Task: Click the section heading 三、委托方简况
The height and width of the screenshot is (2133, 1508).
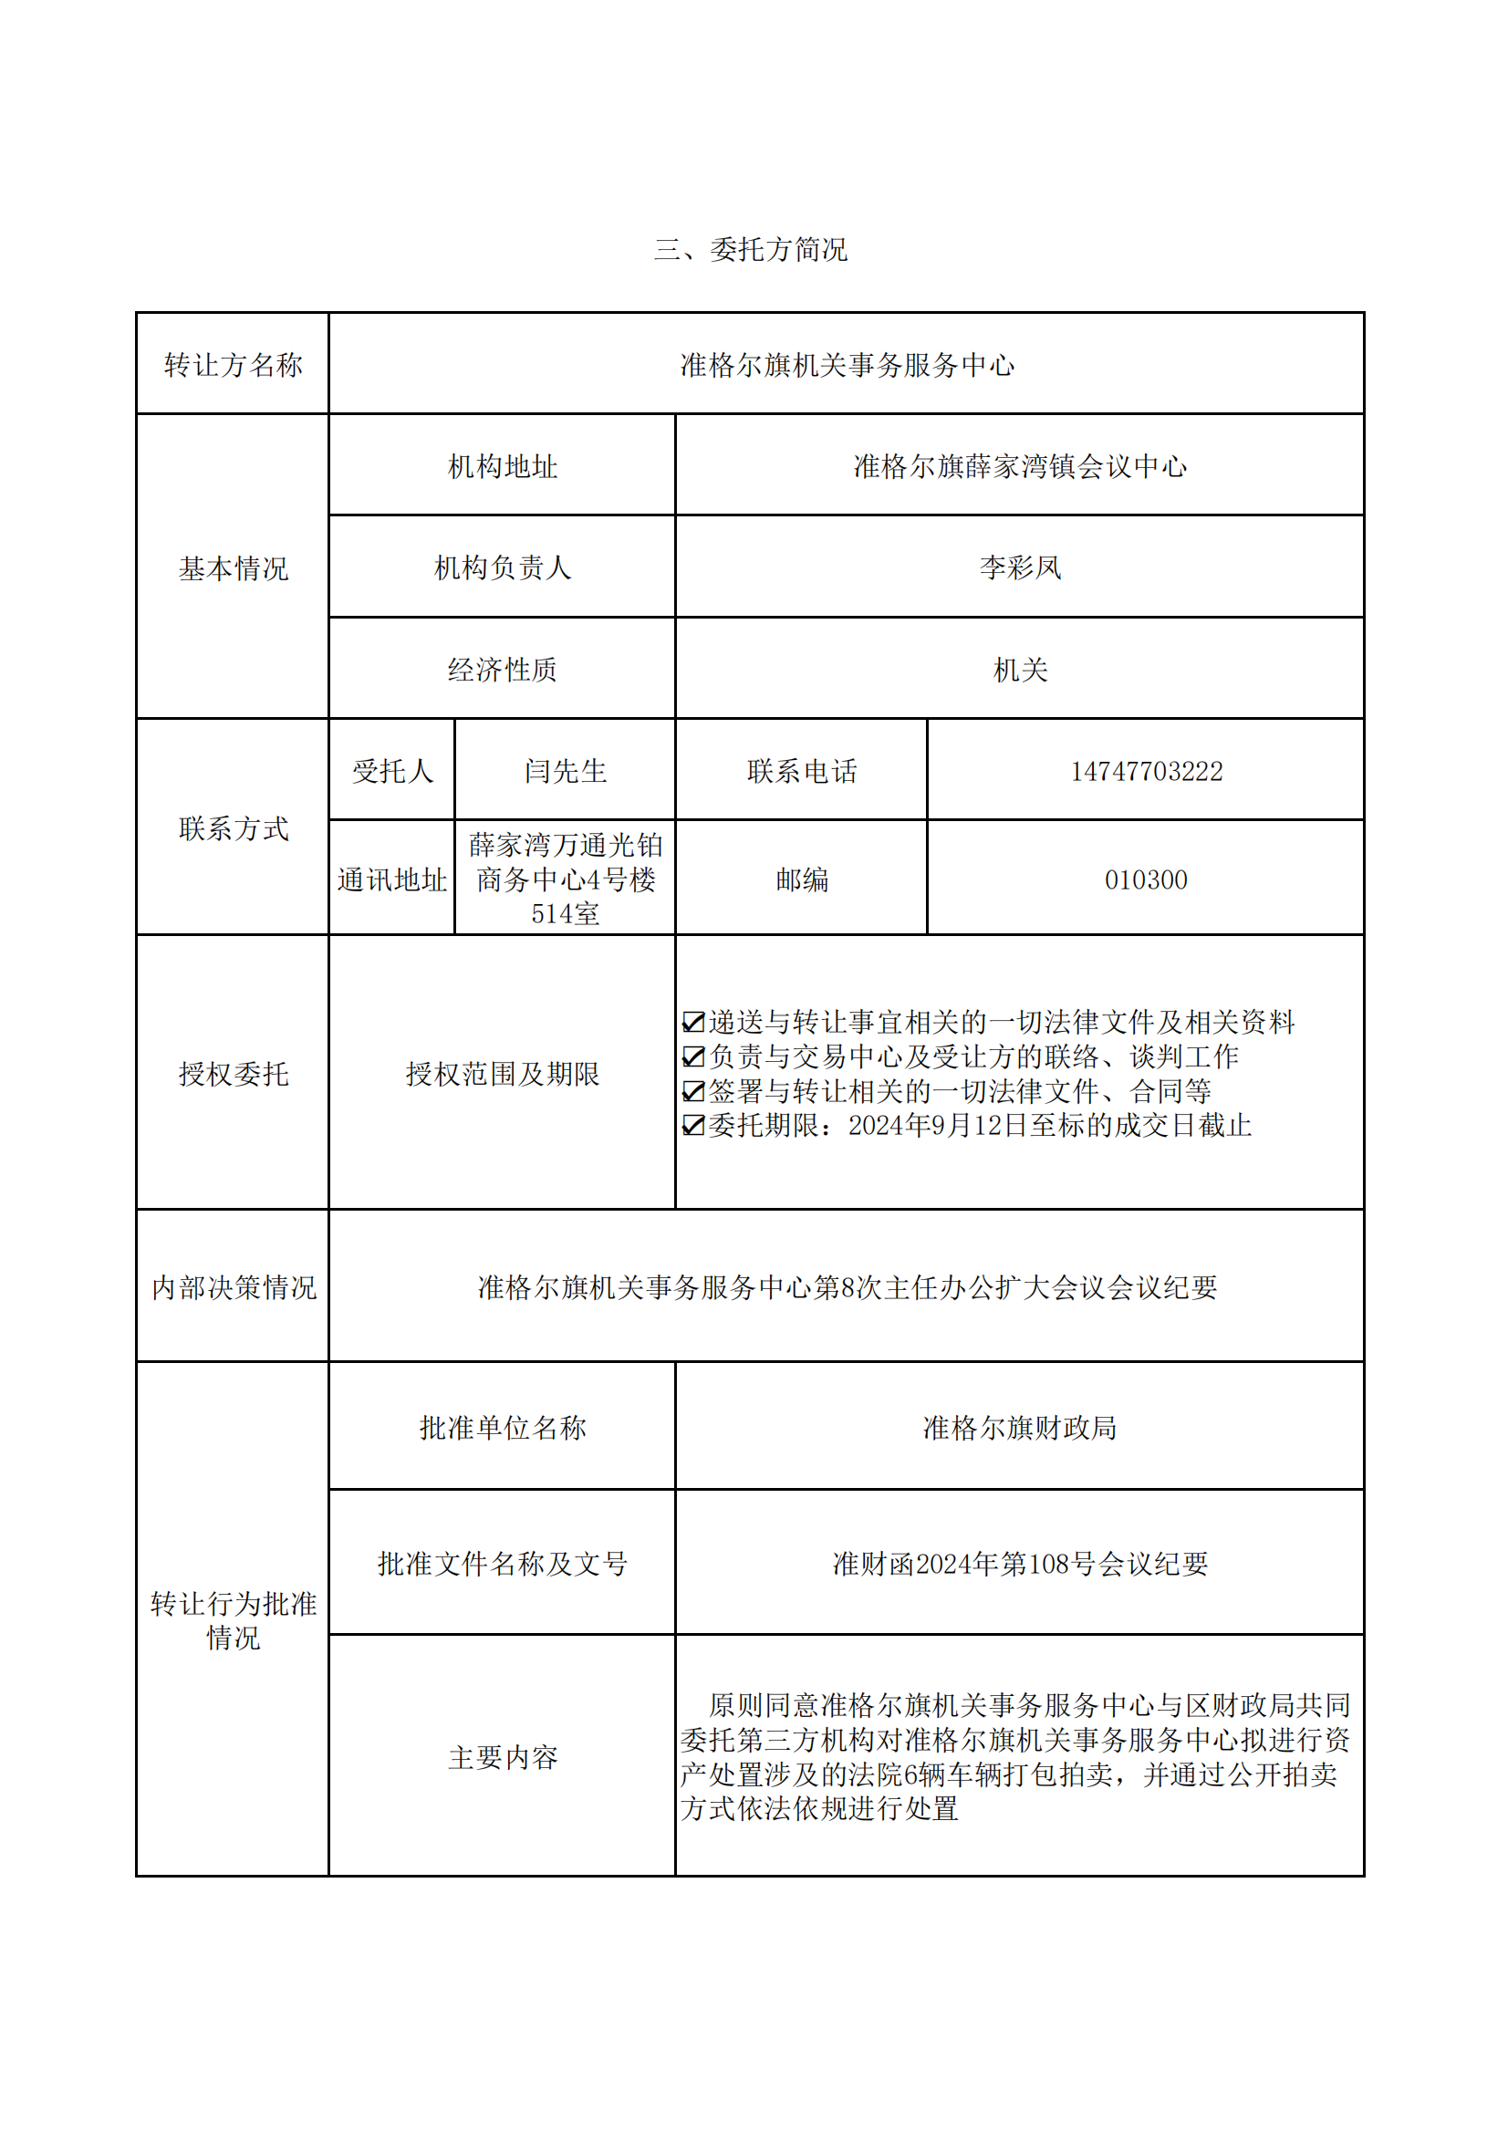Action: click(x=750, y=250)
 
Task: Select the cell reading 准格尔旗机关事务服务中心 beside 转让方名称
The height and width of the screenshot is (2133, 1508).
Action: click(x=846, y=365)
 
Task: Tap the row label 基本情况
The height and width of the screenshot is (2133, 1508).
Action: click(x=234, y=567)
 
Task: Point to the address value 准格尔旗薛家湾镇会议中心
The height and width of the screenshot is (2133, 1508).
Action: click(x=1019, y=466)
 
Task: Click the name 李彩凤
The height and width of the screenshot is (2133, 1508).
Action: click(x=1019, y=567)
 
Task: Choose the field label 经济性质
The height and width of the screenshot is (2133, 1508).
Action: click(x=502, y=669)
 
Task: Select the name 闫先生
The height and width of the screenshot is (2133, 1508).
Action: click(x=565, y=771)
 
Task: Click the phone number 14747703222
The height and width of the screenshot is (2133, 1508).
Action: click(x=1146, y=771)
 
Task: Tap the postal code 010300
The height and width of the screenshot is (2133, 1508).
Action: click(x=1146, y=879)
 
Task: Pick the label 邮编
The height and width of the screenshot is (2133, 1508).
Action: click(x=801, y=879)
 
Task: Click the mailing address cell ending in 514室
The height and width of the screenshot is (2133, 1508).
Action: click(x=565, y=879)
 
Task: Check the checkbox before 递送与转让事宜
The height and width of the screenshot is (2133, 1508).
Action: click(x=693, y=1022)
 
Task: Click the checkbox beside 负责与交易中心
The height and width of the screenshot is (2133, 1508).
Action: click(x=693, y=1056)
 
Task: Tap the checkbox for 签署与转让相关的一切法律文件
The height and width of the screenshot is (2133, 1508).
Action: click(x=693, y=1090)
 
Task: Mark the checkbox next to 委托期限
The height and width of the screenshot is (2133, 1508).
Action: click(x=693, y=1125)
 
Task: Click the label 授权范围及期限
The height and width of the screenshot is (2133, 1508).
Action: click(x=502, y=1074)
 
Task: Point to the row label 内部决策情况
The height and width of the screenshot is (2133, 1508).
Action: click(x=234, y=1287)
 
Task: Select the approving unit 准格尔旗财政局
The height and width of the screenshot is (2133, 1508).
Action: click(x=1019, y=1428)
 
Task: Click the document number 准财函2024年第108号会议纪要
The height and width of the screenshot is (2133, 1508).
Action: click(x=1019, y=1564)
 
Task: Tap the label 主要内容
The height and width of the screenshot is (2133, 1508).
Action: click(x=502, y=1757)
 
